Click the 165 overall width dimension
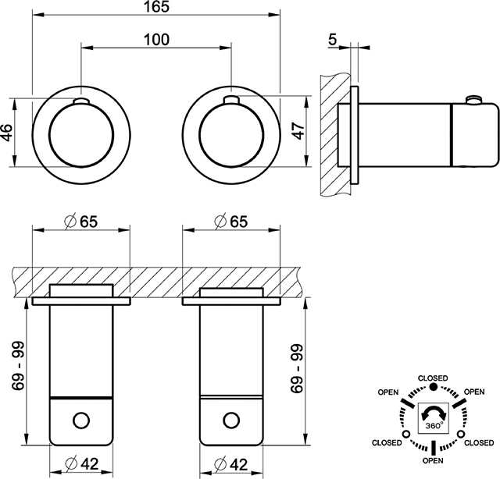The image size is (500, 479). tap(156, 7)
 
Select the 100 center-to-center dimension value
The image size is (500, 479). tap(156, 40)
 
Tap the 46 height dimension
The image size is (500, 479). tap(7, 132)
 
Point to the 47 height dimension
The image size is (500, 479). tap(298, 130)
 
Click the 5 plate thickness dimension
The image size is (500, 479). tap(332, 40)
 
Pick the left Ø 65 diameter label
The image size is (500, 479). tap(80, 221)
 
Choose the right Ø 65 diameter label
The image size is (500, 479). tap(230, 221)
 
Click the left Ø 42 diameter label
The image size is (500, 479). tap(81, 464)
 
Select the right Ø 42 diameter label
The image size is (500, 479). tap(231, 464)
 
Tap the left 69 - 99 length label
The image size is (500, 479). tap(18, 365)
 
